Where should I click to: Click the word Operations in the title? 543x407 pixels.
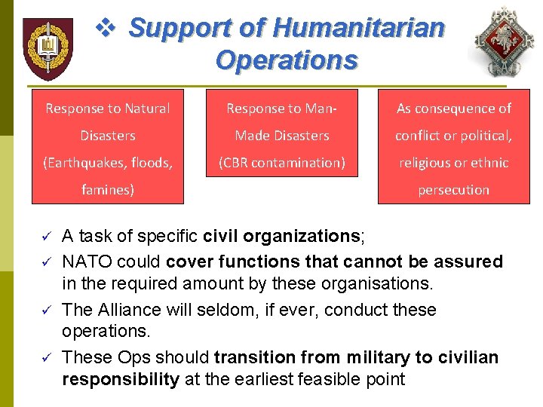pyautogui.click(x=287, y=60)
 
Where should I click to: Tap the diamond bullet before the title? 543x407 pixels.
pyautogui.click(x=109, y=29)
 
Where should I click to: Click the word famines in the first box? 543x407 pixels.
pyautogui.click(x=106, y=190)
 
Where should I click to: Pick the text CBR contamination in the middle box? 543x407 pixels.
pyautogui.click(x=283, y=163)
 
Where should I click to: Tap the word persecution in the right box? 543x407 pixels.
pyautogui.click(x=454, y=190)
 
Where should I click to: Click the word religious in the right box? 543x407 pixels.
pyautogui.click(x=426, y=163)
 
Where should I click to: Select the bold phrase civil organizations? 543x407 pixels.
pyautogui.click(x=283, y=237)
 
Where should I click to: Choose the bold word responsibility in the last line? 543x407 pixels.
pyautogui.click(x=121, y=379)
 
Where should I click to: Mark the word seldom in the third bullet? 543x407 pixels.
pyautogui.click(x=219, y=310)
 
